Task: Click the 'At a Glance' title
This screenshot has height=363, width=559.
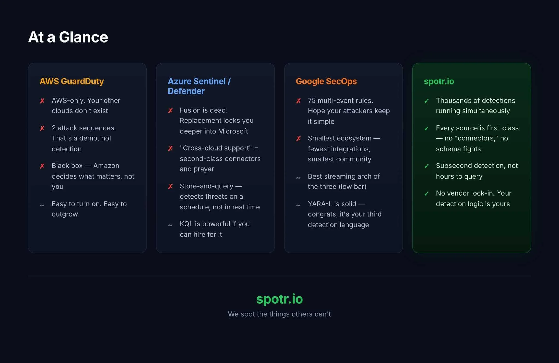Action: click(x=68, y=37)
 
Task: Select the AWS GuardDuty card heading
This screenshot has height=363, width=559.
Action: click(x=72, y=81)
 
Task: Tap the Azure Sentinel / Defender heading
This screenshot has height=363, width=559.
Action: click(x=199, y=86)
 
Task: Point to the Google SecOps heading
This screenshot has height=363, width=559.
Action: click(x=326, y=81)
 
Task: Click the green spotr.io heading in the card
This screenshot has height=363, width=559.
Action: click(x=439, y=81)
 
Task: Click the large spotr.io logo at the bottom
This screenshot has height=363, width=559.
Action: click(x=279, y=299)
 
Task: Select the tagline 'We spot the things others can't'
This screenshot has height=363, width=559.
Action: click(x=279, y=314)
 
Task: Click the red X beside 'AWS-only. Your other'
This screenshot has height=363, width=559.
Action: click(x=42, y=101)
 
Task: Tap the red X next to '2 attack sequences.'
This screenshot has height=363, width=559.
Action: click(x=42, y=128)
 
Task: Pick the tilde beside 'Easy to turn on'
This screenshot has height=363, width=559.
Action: click(x=42, y=205)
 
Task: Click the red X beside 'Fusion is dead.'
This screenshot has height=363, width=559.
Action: click(x=170, y=111)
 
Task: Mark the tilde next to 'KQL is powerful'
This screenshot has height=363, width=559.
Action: click(x=170, y=225)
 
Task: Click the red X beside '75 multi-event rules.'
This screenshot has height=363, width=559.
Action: click(x=298, y=101)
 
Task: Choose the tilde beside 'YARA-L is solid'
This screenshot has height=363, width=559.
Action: click(x=298, y=205)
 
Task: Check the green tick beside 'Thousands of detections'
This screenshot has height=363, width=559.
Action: click(x=426, y=101)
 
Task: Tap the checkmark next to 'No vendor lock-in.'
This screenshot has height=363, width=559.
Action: click(x=426, y=194)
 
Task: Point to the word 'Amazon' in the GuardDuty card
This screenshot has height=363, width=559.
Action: click(x=106, y=166)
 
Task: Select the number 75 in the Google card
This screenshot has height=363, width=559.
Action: click(x=311, y=101)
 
